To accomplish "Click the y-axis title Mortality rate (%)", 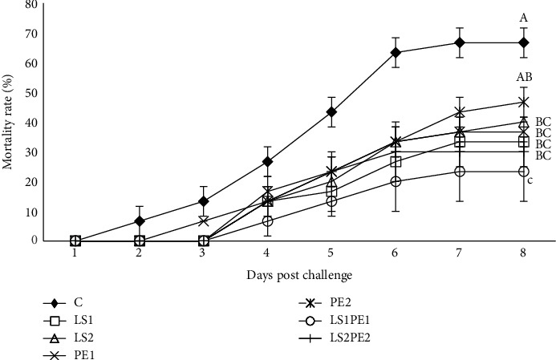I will [x=10, y=122].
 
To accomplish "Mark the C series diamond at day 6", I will [x=396, y=53].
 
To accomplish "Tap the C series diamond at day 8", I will [x=523, y=42].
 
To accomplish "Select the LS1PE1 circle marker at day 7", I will [x=460, y=171].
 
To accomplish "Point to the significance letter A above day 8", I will [x=523, y=18].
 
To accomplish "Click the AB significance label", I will [x=526, y=77].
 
